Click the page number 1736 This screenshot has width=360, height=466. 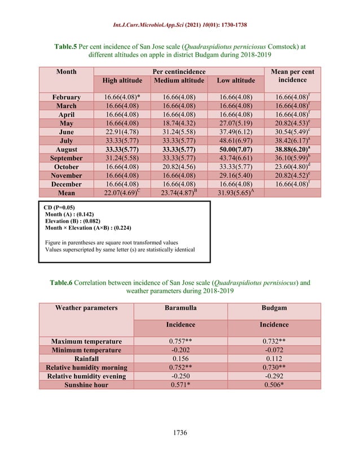tap(179, 433)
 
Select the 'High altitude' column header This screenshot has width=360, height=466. tap(122, 81)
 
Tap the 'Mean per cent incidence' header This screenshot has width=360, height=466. tap(292, 76)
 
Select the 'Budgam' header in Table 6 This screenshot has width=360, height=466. tap(274, 308)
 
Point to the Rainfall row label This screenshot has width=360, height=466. tap(86, 358)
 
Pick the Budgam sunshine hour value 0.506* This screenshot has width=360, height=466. tap(274, 384)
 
